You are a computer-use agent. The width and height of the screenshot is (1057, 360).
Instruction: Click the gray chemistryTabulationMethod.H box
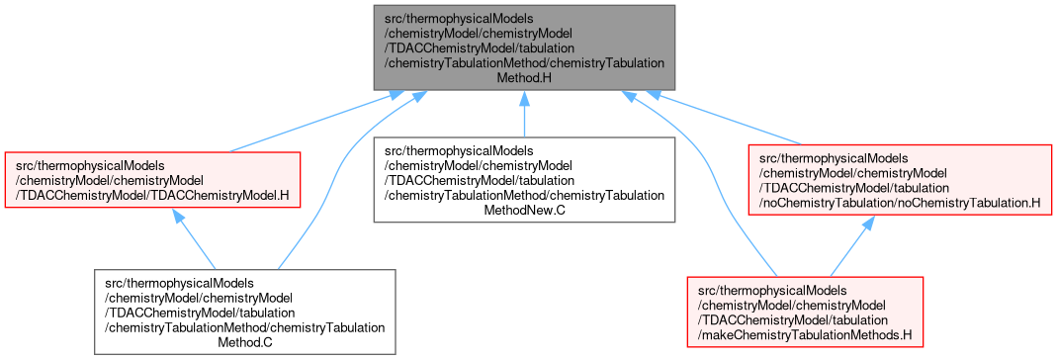click(x=524, y=47)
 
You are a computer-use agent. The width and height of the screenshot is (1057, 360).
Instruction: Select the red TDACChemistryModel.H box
click(x=152, y=180)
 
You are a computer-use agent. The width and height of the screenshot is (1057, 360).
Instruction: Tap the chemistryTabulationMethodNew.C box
click(x=524, y=180)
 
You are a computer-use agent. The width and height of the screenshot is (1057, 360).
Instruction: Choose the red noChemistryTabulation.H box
click(x=900, y=180)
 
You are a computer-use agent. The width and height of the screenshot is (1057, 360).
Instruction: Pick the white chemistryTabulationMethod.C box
click(x=244, y=313)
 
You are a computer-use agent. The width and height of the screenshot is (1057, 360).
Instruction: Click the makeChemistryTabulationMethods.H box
click(x=804, y=312)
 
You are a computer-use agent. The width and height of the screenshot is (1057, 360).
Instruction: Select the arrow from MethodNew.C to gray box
click(x=524, y=114)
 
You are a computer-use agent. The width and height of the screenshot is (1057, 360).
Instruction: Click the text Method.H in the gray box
click(x=524, y=78)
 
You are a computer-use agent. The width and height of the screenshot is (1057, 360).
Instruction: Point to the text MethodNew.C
click(x=524, y=211)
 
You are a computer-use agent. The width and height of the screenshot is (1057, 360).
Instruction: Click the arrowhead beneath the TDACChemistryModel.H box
click(x=177, y=216)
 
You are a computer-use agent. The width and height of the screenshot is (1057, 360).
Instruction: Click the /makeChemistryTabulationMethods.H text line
click(x=804, y=334)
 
